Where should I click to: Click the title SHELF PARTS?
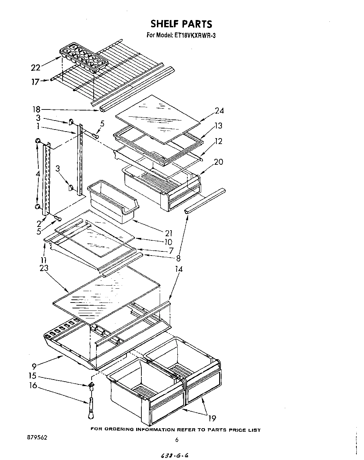181,24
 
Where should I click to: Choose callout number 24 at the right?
219,111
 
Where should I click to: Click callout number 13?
218,126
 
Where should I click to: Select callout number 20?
219,162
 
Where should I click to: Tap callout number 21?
169,233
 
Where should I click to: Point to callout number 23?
44,268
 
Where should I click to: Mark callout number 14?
179,269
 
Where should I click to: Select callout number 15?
33,376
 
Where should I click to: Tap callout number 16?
33,385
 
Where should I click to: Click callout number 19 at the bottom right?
212,419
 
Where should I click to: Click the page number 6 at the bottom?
177,440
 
